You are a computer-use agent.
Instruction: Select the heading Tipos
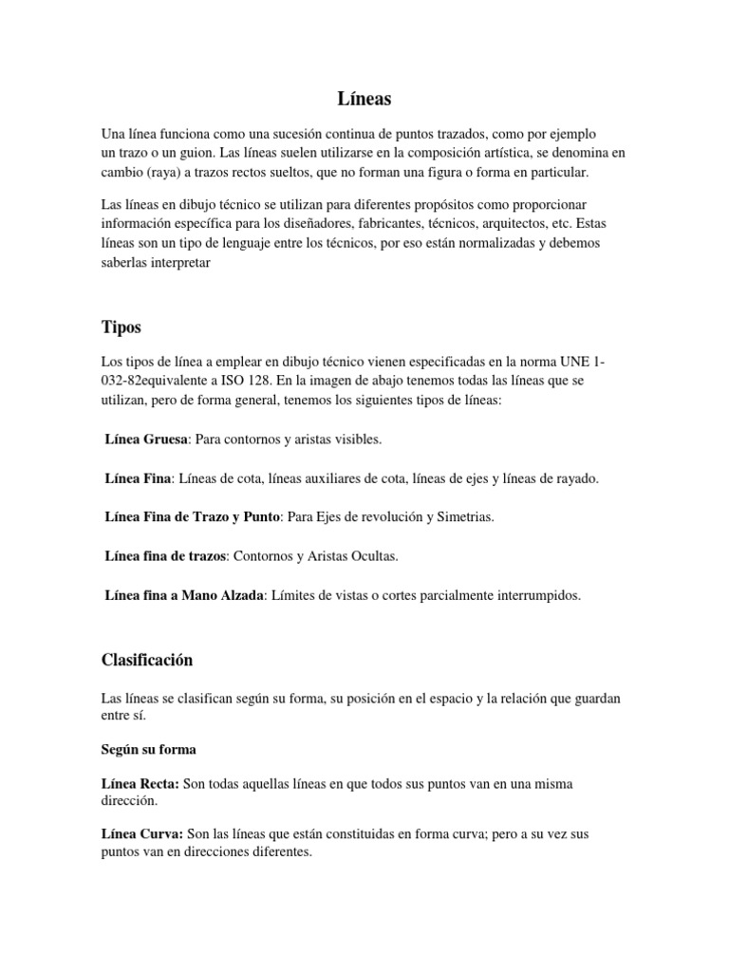(x=121, y=327)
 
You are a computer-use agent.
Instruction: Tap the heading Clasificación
(x=147, y=659)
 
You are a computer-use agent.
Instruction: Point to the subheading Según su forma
(x=149, y=749)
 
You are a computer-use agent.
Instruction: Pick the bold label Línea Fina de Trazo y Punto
(x=192, y=517)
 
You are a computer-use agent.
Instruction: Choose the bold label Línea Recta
(x=140, y=784)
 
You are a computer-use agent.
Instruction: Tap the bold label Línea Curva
(x=141, y=833)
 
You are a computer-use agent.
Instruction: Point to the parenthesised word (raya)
(x=164, y=172)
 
